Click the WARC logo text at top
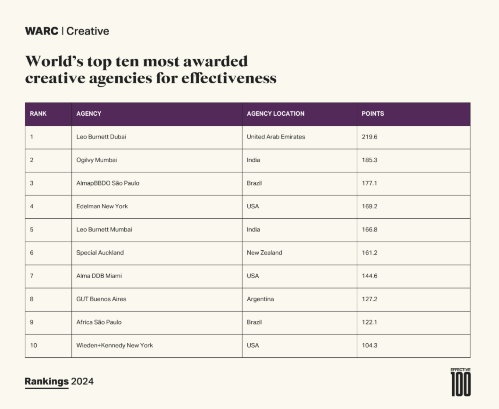(42, 31)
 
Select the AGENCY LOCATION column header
(275, 114)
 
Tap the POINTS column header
(372, 114)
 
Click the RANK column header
(38, 114)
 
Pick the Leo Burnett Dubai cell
(101, 137)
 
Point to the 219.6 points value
(369, 137)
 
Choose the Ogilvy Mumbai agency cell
(97, 160)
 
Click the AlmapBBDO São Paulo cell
(108, 183)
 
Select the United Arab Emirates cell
(276, 137)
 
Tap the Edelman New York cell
(102, 206)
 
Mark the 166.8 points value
(369, 229)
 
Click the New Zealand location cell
(264, 253)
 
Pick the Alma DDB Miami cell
(99, 276)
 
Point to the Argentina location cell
(260, 299)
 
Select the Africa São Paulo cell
(99, 322)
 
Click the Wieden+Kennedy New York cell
(115, 345)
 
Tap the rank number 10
(34, 345)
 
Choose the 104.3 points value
(369, 345)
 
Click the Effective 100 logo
(460, 382)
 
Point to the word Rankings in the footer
(46, 381)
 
